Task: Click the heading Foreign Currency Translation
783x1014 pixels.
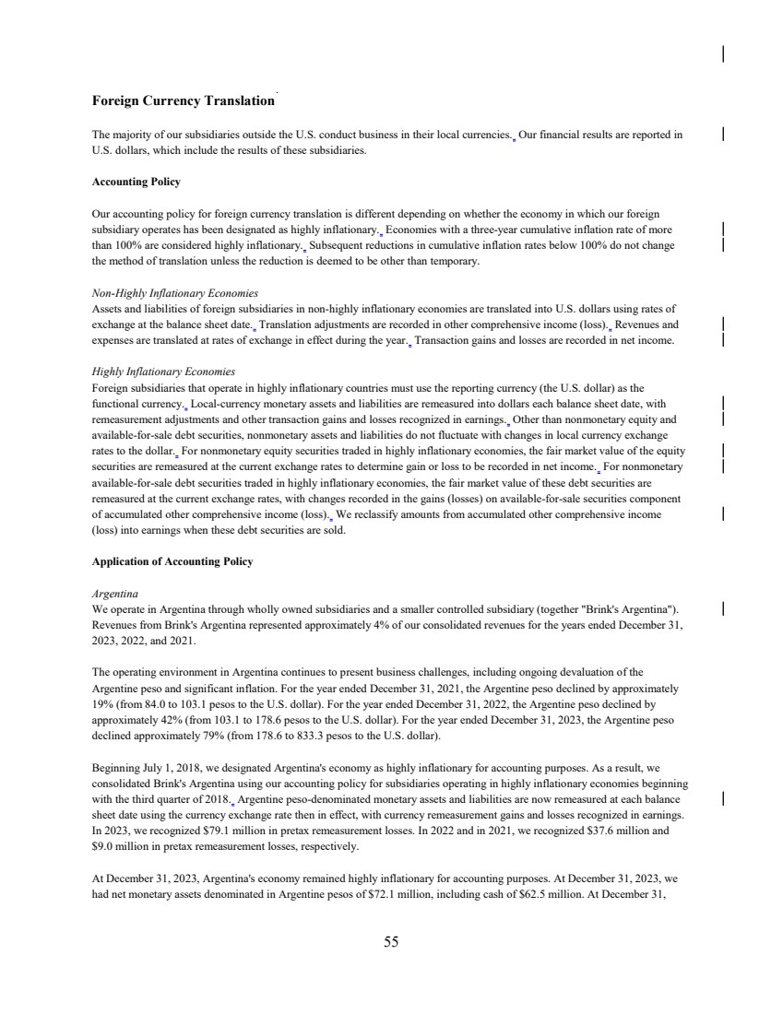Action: [x=183, y=100]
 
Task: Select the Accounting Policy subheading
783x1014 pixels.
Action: [x=136, y=182]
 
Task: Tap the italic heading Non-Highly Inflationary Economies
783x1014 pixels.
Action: [x=175, y=293]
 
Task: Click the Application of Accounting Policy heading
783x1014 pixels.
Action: [x=172, y=561]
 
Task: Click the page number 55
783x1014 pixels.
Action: [x=391, y=941]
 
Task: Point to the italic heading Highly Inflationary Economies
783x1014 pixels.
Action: [x=164, y=371]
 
